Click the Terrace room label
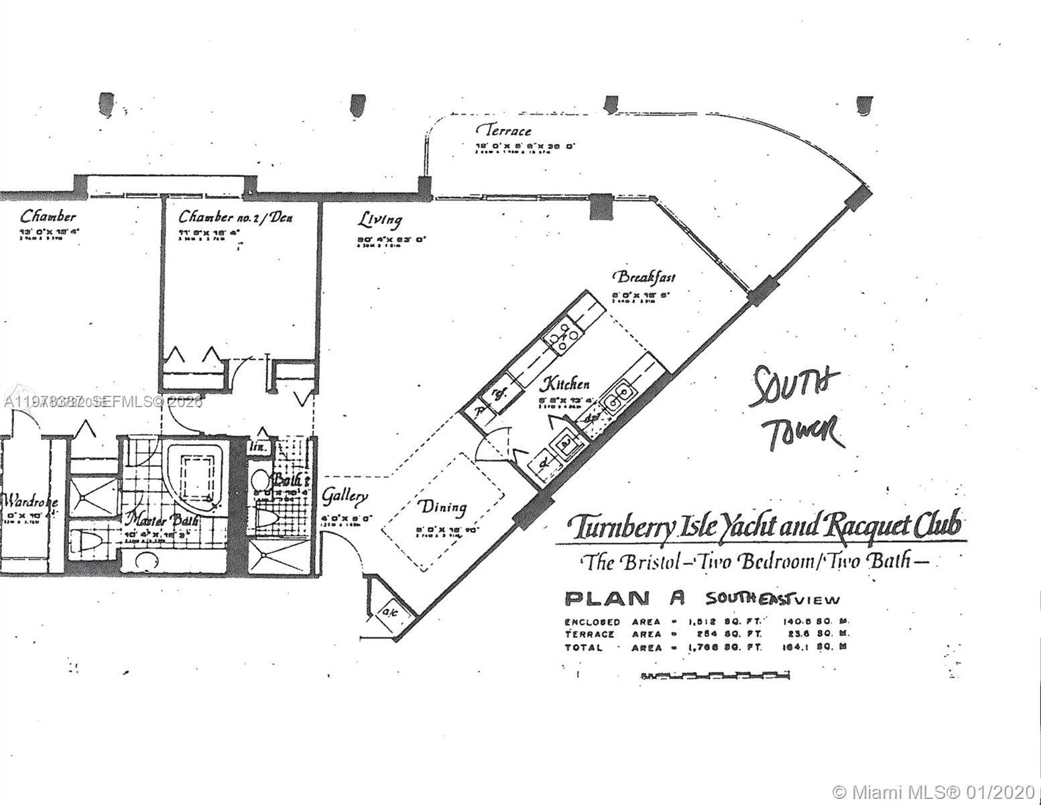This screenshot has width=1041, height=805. point(503,130)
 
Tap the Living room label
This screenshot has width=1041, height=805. point(379,219)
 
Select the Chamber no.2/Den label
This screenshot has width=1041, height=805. point(235,217)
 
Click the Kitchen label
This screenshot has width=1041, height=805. point(566,384)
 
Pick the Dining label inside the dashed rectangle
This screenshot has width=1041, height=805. point(441,506)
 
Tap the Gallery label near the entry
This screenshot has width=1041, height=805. point(345,496)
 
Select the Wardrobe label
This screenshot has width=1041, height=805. point(29,501)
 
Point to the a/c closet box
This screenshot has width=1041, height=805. point(388,611)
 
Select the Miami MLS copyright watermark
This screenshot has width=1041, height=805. point(932,789)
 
